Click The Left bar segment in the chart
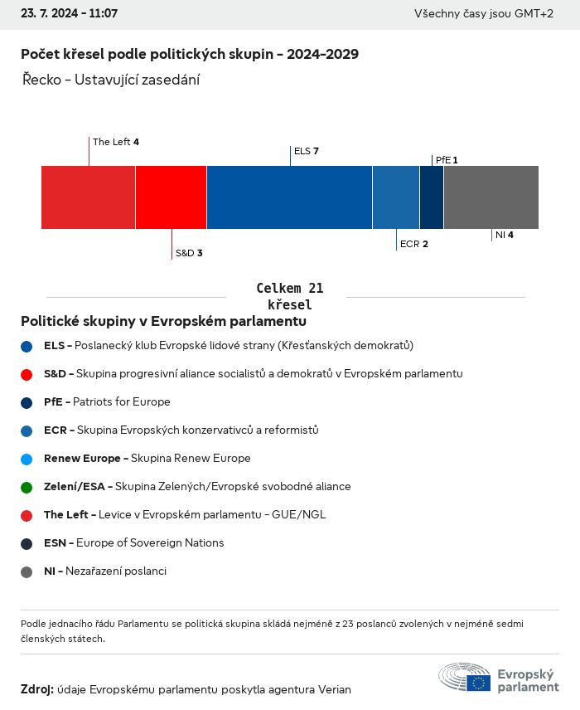(88, 197)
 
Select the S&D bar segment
(171, 197)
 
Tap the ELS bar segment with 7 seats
(289, 197)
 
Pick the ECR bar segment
(396, 197)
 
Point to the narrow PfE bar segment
(432, 197)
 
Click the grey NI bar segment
(491, 197)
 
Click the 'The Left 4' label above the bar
(116, 142)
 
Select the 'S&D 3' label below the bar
(189, 253)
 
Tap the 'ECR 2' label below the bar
(414, 244)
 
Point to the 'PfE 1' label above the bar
(447, 160)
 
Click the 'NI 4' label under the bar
(505, 235)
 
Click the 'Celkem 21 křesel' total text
(290, 296)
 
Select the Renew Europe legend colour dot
(27, 459)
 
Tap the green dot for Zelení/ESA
(27, 487)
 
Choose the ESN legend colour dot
(27, 543)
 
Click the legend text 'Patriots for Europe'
(121, 402)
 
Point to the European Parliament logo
(499, 678)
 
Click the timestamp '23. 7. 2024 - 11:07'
(70, 14)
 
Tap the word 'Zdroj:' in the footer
(37, 689)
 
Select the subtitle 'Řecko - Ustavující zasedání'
(111, 80)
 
